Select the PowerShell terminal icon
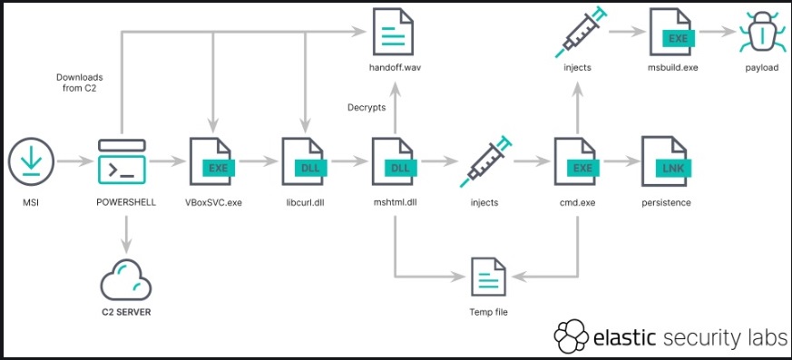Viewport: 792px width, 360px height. pos(121,161)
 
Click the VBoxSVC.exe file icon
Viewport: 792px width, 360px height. pos(213,161)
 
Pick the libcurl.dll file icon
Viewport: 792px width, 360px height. pos(304,161)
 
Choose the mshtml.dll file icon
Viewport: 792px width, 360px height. pos(396,161)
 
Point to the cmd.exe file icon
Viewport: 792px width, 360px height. pos(577,161)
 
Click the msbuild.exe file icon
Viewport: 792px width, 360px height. pos(671,34)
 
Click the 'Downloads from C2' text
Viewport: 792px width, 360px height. pos(79,83)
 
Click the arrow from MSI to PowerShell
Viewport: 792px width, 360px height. pos(75,161)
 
